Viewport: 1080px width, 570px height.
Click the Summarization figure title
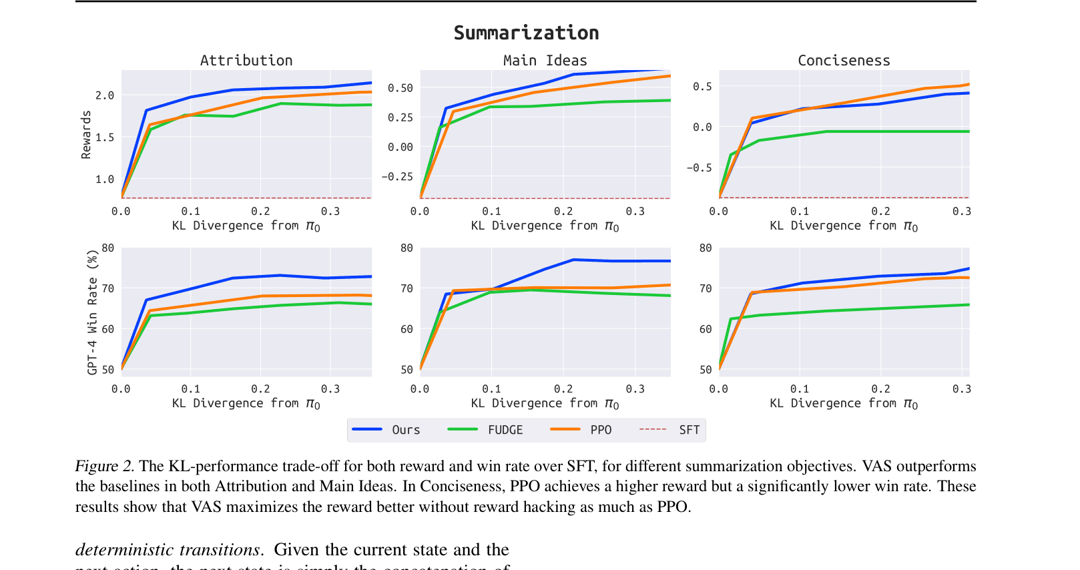pos(526,33)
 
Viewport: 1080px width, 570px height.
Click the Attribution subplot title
pos(246,61)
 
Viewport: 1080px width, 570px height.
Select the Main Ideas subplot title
pos(545,61)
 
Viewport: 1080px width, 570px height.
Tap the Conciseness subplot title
pos(844,61)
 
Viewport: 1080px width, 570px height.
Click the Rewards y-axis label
pos(86,135)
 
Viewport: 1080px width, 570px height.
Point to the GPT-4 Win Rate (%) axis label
pos(92,312)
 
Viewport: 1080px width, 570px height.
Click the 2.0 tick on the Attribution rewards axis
pos(105,95)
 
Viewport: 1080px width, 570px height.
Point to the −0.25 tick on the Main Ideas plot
pos(397,177)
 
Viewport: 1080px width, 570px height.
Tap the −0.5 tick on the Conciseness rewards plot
pos(699,168)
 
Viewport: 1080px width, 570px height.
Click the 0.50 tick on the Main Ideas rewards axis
pos(400,88)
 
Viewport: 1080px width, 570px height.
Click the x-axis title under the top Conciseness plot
pos(844,226)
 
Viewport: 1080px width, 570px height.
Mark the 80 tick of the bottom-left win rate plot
pos(107,248)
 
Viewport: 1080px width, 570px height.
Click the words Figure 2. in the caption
pos(105,466)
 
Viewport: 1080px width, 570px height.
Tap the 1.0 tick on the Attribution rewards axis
pos(105,180)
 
